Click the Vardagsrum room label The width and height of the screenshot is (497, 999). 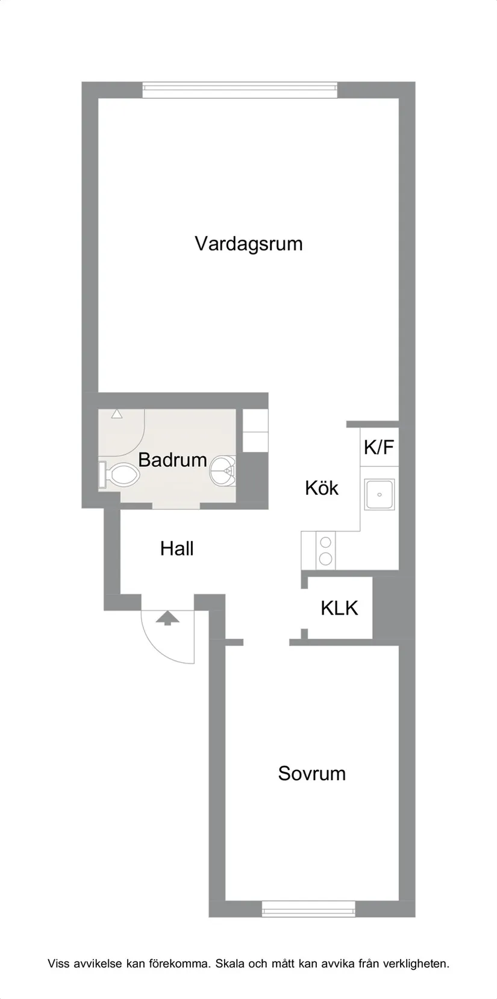pos(248,244)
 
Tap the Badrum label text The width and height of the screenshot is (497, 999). pos(172,460)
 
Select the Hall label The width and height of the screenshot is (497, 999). pos(177,548)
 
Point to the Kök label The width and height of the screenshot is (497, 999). pos(322,487)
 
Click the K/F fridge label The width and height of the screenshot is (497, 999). pos(379,447)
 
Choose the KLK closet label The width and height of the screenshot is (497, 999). pos(339,608)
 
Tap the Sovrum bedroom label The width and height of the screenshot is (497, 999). pos(311,773)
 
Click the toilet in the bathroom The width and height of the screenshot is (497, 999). pos(120,474)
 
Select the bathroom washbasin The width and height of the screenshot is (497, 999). pos(223,470)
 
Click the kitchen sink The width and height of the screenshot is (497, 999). pos(379,494)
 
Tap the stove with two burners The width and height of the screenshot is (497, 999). pos(325,550)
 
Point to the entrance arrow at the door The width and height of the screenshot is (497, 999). pos(168,618)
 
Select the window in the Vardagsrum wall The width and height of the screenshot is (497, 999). pos(240,89)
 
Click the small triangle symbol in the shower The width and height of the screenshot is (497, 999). pos(116,415)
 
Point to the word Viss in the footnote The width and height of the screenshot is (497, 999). pos(58,963)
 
